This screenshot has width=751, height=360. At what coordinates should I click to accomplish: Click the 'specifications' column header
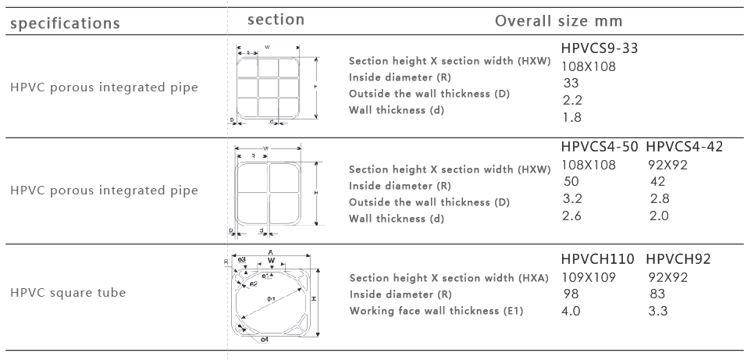[x=65, y=23]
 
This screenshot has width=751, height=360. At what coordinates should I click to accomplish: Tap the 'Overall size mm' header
[x=558, y=20]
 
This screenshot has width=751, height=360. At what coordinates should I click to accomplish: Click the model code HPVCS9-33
[x=600, y=49]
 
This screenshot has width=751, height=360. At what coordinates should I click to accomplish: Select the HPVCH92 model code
[x=678, y=259]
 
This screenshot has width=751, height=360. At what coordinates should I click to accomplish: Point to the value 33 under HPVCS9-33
[x=571, y=84]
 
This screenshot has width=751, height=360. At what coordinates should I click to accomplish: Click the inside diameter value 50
[x=571, y=181]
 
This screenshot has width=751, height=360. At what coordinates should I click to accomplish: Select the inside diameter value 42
[x=658, y=181]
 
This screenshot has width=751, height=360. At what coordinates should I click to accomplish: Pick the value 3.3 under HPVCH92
[x=659, y=311]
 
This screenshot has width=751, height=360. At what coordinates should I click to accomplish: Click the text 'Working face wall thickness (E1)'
[x=436, y=312]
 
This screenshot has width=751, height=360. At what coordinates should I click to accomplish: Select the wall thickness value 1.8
[x=571, y=118]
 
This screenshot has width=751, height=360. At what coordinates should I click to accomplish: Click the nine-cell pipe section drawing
[x=268, y=86]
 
